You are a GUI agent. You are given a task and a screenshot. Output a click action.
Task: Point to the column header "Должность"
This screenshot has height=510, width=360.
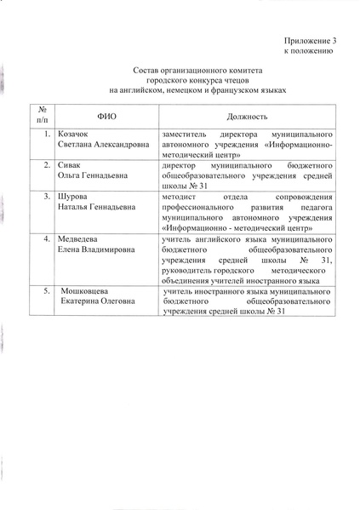pos(248,114)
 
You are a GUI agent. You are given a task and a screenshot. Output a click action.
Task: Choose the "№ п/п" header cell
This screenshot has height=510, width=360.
pos(39,114)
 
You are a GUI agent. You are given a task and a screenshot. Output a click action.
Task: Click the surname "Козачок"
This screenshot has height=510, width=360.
pos(75,135)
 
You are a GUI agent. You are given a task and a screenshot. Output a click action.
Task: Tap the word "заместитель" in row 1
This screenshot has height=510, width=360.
pos(183,135)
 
